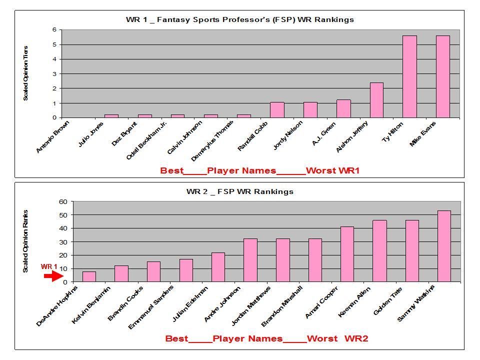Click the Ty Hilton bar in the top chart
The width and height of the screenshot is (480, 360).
pos(409,76)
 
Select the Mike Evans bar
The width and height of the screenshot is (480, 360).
pos(442,76)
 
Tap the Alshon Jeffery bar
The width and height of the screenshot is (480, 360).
pos(376,100)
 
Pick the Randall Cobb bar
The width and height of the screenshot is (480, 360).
pos(277,110)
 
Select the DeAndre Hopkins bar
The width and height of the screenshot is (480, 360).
pos(89,276)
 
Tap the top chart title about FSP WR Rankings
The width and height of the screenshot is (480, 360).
pos(239,20)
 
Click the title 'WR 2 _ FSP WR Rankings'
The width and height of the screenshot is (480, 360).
pos(239,191)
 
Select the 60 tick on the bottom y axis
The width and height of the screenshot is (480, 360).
pos(62,201)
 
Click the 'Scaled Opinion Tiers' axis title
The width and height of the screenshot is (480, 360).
pos(25,73)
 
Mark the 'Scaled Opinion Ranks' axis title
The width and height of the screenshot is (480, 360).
pos(25,241)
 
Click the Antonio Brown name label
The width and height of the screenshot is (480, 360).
pos(52,136)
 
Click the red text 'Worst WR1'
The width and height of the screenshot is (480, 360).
pos(332,170)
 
